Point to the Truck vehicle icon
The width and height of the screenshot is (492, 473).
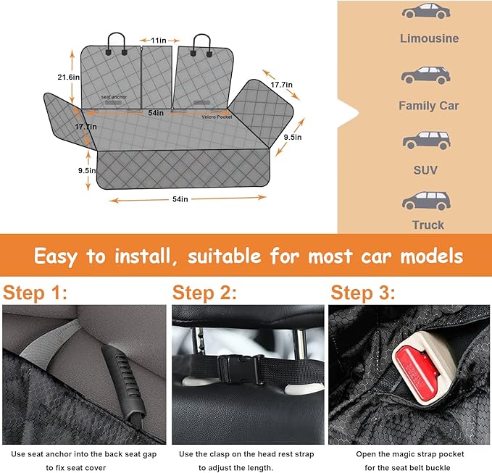425,200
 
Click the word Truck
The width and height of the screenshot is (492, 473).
428,225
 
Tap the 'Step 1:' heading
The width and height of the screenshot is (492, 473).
35,293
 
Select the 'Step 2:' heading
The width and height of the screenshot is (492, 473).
205,293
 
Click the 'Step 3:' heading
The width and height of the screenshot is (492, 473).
363,293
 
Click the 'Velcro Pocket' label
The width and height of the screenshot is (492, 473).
217,116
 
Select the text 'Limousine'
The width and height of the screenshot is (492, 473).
429,38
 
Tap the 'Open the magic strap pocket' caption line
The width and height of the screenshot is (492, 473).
410,454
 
